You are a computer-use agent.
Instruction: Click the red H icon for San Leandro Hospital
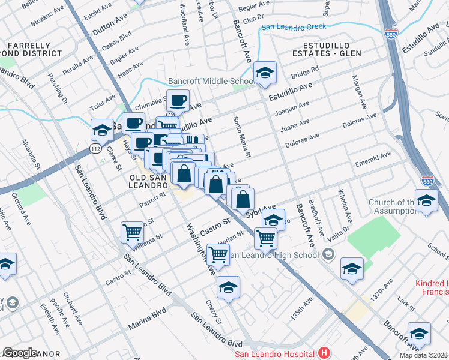[x=324, y=352]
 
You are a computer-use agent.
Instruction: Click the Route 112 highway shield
[x=95, y=148]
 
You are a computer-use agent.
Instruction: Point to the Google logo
[x=20, y=352]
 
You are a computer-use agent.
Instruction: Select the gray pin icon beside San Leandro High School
[x=327, y=255]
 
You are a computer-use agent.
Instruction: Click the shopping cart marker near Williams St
[x=132, y=232]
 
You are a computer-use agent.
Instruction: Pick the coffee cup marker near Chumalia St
[x=177, y=100]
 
